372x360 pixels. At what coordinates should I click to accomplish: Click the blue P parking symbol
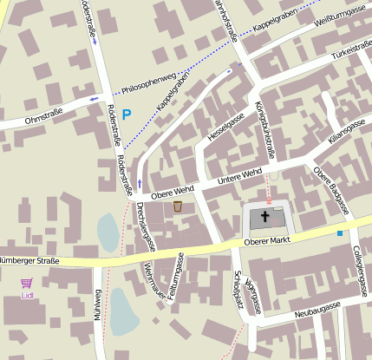point(127,114)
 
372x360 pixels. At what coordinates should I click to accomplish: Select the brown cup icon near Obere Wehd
point(178,206)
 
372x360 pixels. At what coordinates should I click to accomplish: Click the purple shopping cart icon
point(27,283)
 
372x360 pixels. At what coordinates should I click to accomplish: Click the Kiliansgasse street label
point(347,130)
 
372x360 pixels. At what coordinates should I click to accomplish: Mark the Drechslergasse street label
point(147,226)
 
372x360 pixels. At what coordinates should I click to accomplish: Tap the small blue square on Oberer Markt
point(340,232)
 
